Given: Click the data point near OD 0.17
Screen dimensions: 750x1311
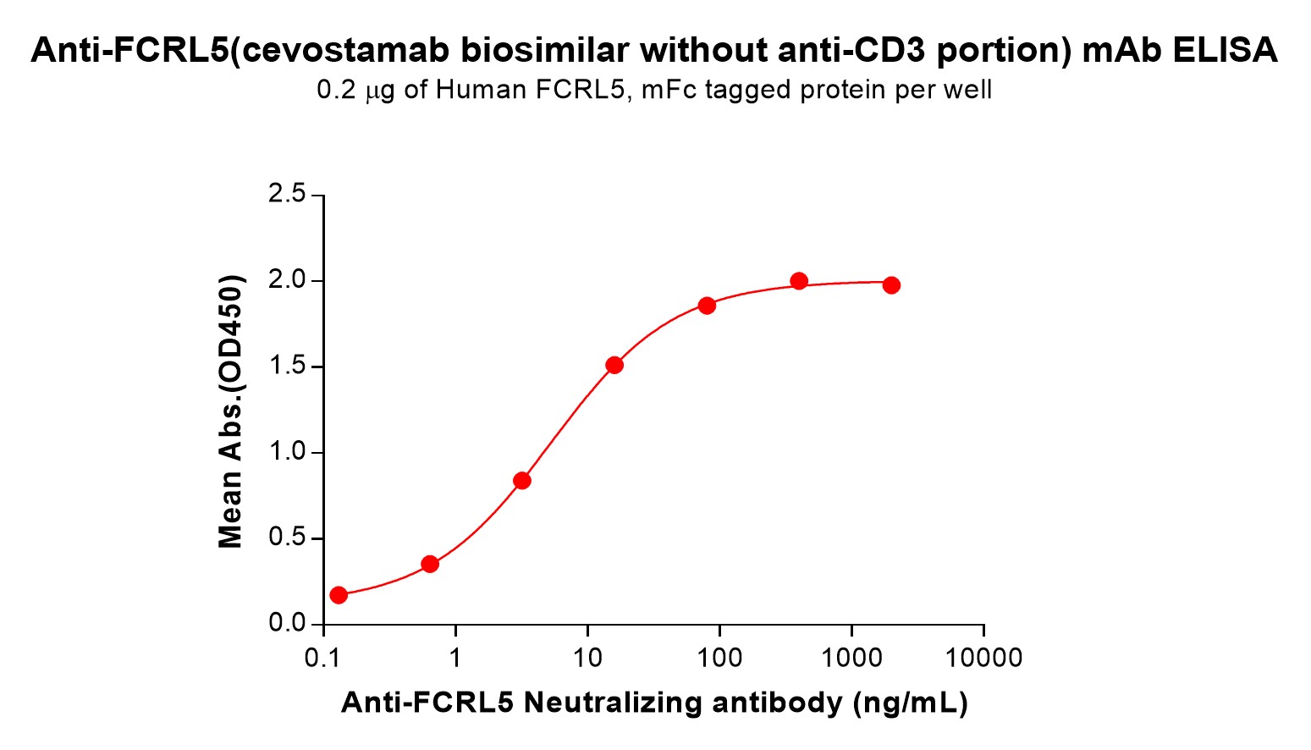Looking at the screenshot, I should click(x=339, y=595).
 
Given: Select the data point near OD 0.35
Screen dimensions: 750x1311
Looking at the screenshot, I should click(x=430, y=564).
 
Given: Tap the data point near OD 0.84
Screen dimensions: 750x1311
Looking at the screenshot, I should click(x=522, y=481).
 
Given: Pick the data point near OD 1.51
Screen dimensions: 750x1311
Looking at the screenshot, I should click(x=614, y=365).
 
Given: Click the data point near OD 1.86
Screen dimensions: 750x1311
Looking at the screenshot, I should click(x=707, y=305).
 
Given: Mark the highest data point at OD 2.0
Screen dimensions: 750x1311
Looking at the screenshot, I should click(x=799, y=281).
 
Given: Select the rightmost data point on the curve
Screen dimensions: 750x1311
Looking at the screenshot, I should click(x=891, y=285).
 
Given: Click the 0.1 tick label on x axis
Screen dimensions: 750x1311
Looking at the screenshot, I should click(x=323, y=658).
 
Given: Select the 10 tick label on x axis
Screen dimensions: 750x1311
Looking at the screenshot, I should click(x=587, y=658).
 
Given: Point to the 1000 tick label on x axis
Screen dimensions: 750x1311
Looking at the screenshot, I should click(x=851, y=658).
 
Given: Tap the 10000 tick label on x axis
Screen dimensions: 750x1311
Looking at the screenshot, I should click(x=983, y=658).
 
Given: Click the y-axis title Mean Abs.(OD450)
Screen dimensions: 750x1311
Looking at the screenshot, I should click(x=230, y=411).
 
